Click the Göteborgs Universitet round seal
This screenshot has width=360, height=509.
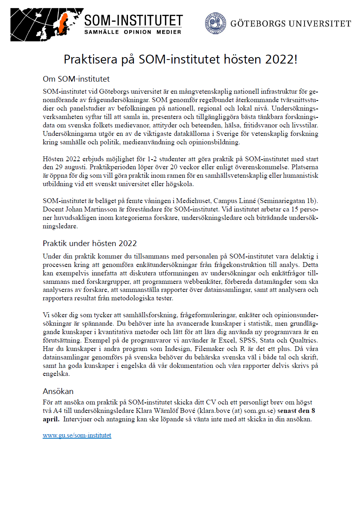pos(215,23)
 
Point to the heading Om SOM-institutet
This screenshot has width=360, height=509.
pos(76,78)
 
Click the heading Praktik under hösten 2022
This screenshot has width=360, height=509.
pos(90,243)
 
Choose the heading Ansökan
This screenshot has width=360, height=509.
pos(58,391)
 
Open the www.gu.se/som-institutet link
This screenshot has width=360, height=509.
pos(77,435)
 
